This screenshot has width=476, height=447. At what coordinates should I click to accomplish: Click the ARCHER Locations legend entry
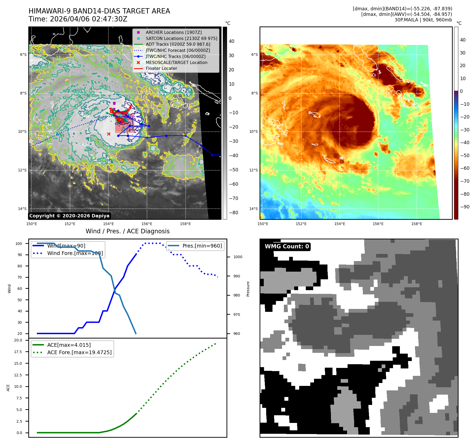point(173,32)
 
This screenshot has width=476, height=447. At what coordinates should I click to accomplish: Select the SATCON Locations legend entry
point(181,38)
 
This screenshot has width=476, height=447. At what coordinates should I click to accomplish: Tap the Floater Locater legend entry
point(161,68)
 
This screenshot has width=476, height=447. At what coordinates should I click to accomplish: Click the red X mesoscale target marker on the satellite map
point(109,134)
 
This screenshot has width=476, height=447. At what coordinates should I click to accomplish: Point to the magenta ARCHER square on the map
point(114,103)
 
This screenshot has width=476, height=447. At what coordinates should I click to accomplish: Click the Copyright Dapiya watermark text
point(69,216)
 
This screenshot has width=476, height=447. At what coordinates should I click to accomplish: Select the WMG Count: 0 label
point(287,247)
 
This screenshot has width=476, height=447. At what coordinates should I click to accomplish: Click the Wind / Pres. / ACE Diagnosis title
point(127,231)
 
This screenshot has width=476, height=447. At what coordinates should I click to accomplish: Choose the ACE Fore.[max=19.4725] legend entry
point(79,352)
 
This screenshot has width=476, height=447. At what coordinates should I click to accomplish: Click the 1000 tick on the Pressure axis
point(238,257)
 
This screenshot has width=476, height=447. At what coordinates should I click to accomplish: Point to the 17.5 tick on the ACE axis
point(18,352)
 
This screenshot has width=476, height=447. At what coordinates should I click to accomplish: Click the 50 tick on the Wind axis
point(20,300)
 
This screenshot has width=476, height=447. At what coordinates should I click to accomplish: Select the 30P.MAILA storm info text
point(423,20)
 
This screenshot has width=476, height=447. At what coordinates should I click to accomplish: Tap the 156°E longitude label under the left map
point(147,224)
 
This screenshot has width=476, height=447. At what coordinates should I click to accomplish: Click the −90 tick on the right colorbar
point(465,207)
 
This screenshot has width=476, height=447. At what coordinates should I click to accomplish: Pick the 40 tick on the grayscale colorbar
point(232,41)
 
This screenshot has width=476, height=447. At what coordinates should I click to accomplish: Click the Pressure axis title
point(248,289)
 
